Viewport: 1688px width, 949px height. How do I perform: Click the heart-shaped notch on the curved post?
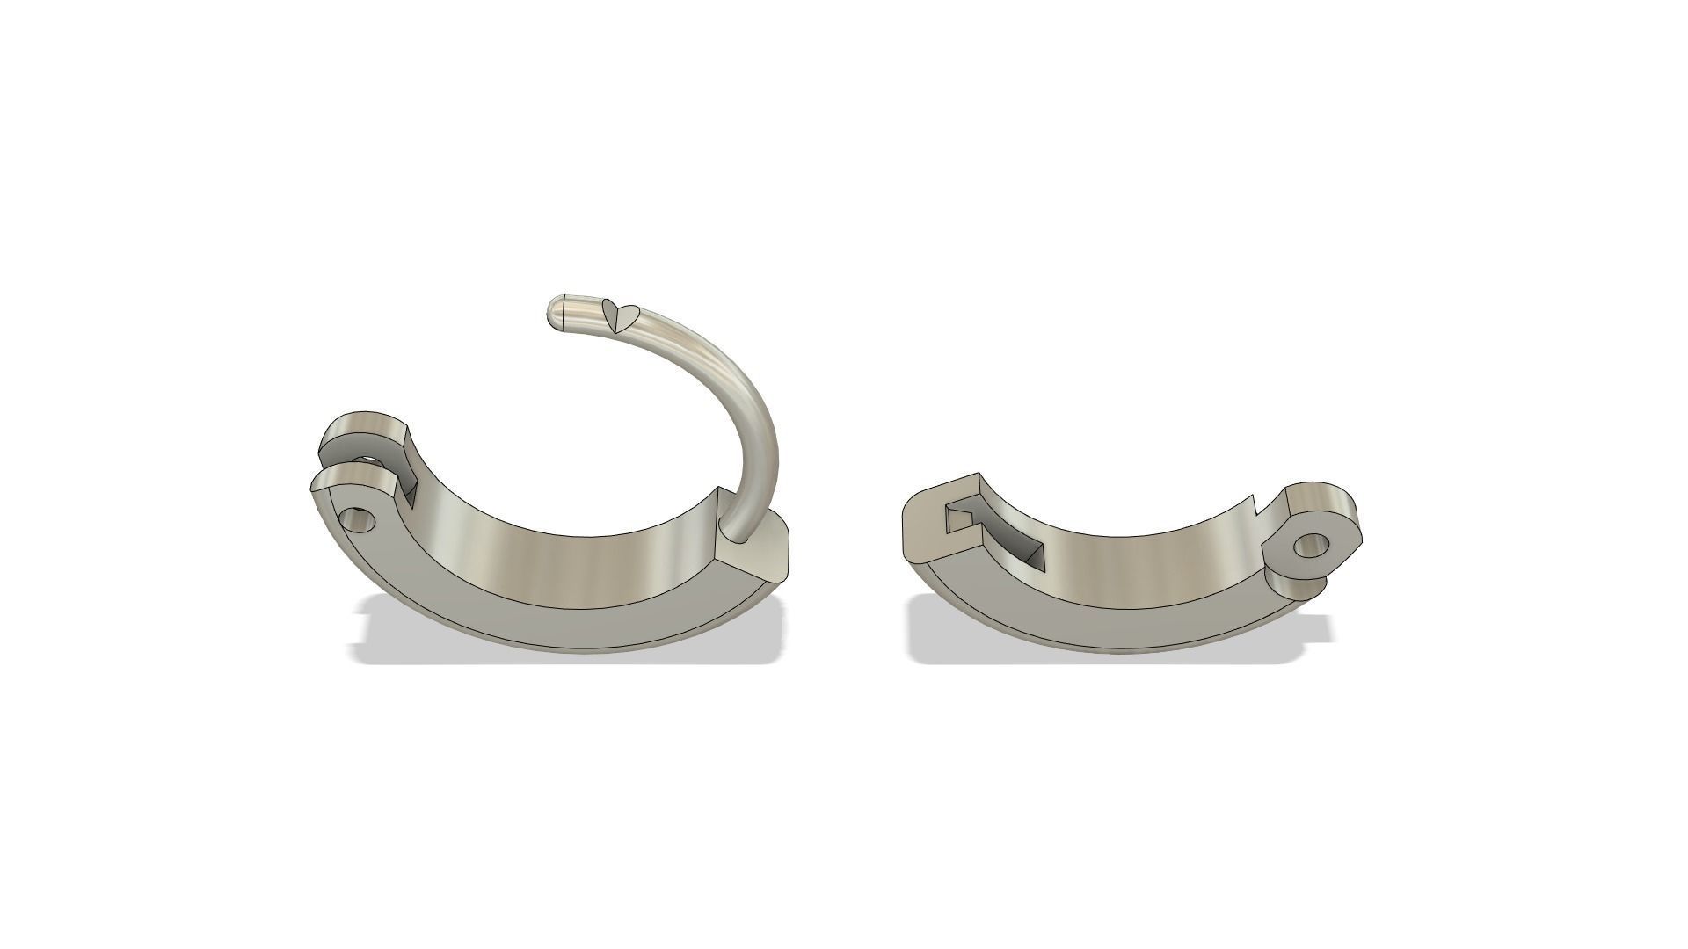[619, 316]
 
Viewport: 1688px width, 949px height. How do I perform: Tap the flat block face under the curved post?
[753, 557]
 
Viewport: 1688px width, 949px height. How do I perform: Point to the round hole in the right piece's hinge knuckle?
[1309, 546]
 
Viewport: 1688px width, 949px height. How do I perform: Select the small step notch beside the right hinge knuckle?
[1257, 505]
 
